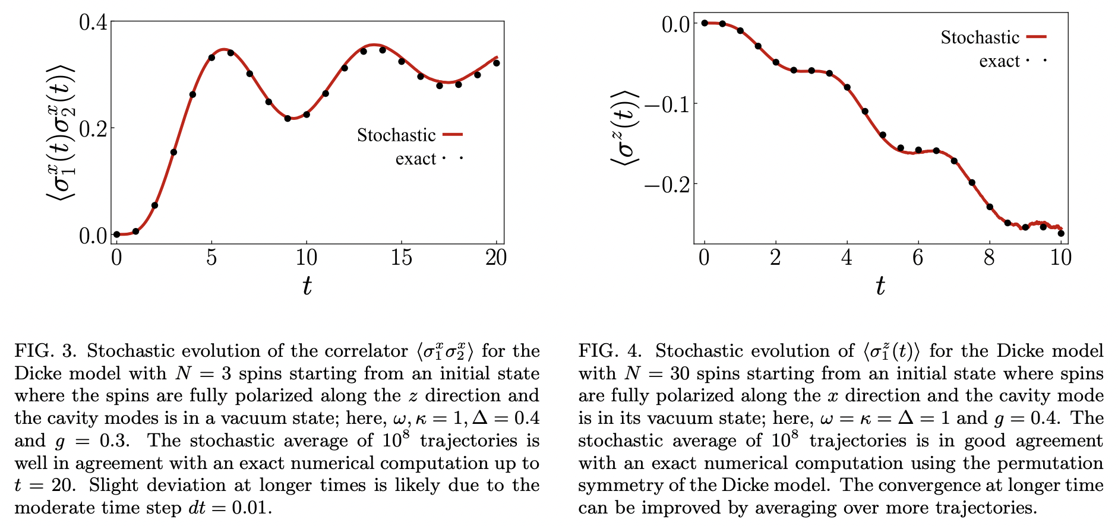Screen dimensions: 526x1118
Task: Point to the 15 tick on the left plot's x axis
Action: click(401, 258)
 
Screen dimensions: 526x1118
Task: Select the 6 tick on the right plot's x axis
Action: click(918, 258)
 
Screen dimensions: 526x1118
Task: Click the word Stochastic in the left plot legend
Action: click(396, 135)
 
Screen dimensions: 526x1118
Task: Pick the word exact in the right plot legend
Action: click(999, 61)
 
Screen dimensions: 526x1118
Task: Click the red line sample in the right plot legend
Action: click(1037, 37)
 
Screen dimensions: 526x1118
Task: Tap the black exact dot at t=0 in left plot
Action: click(116, 235)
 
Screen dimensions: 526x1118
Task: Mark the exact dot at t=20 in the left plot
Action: click(497, 63)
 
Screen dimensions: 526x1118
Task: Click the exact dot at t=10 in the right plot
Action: click(1061, 233)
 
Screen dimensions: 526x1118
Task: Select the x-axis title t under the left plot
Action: click(307, 286)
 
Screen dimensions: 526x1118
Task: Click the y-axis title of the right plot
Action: click(624, 128)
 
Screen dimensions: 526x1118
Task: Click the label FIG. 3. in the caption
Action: click(46, 351)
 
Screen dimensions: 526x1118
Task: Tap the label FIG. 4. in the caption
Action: click(610, 351)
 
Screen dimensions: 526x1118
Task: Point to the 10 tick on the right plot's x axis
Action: click(1060, 258)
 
